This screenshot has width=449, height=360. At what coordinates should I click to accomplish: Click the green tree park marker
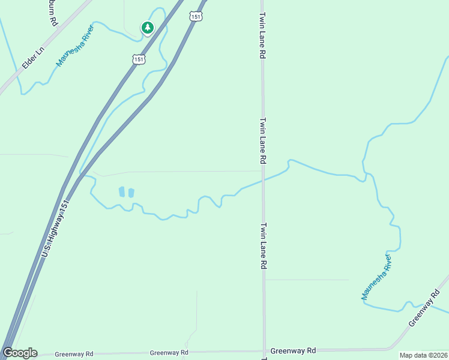[x=147, y=27]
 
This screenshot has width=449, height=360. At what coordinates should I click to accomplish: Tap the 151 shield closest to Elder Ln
[x=139, y=59]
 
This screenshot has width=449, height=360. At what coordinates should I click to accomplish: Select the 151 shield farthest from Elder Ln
[x=195, y=17]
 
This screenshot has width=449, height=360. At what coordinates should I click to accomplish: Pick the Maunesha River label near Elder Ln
[x=76, y=45]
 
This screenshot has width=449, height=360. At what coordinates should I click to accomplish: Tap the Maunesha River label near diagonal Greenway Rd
[x=377, y=277]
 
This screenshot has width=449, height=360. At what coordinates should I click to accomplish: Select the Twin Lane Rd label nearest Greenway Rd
[x=263, y=246]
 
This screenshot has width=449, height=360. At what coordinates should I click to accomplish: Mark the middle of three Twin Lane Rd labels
[x=263, y=141]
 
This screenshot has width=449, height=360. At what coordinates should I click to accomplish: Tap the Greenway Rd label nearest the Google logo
[x=74, y=354]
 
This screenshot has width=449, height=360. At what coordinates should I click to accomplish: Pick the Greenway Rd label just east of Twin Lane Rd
[x=293, y=350]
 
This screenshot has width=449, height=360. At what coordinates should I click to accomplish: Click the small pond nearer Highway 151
[x=122, y=192]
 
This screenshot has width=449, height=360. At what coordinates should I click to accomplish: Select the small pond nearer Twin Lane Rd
[x=131, y=193]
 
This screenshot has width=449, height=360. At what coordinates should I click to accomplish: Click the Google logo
[x=20, y=353]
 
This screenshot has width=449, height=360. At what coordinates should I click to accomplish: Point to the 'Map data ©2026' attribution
[x=423, y=355]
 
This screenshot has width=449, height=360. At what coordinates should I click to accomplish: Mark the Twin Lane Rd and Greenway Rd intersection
[x=264, y=351]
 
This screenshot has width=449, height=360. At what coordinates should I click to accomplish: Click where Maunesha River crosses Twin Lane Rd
[x=263, y=179]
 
